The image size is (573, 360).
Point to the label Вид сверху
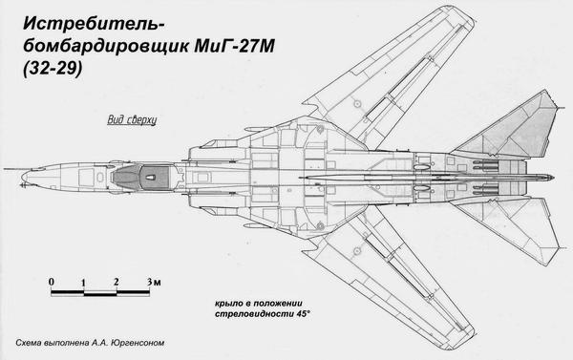[x=129, y=122]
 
